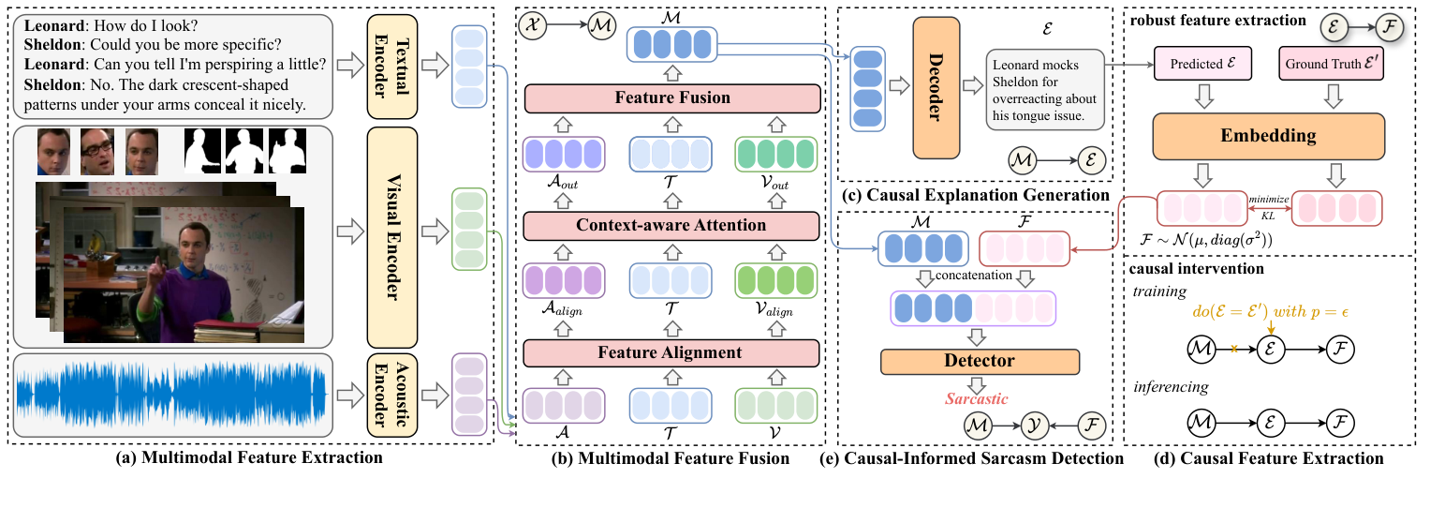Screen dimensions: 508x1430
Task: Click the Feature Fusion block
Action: point(671,97)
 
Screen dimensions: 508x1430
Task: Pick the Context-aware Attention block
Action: point(671,226)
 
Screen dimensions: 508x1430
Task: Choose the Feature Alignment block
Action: point(671,353)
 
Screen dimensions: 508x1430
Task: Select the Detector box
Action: point(980,361)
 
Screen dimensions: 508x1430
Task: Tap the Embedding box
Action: point(1268,136)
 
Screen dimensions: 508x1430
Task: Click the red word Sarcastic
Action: point(975,399)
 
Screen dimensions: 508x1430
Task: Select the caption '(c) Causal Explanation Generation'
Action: point(973,195)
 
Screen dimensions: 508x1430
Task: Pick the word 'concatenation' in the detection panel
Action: point(980,277)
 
